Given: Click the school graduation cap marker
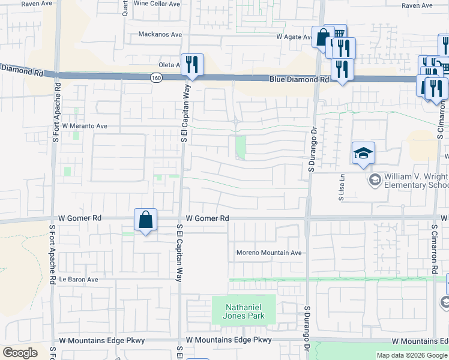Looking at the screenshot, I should tap(363, 154).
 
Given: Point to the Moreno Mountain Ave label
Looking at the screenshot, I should tap(268, 253).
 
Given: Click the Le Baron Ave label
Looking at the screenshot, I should tap(78, 280).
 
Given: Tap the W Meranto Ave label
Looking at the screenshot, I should tap(85, 127).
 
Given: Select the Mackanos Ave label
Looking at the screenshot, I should tap(160, 34).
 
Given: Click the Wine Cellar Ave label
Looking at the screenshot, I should tap(157, 3).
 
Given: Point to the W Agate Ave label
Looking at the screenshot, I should tap(294, 37).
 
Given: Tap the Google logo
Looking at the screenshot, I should tap(20, 353).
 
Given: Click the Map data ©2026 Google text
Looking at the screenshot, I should tap(411, 355).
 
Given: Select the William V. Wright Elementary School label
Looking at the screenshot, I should tap(415, 181).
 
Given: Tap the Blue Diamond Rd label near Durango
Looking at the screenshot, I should tap(299, 79).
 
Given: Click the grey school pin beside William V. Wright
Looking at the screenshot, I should tap(375, 179).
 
